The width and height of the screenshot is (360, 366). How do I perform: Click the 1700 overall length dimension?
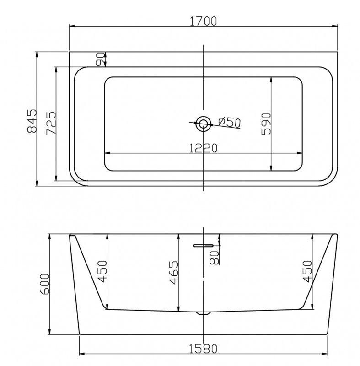203,21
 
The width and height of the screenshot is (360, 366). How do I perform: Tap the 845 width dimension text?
32,121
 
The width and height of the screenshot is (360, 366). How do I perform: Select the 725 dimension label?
51,123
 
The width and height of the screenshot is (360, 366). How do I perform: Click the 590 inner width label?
266,124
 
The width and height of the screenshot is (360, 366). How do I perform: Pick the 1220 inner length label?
203,148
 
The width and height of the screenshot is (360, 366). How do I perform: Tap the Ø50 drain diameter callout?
229,122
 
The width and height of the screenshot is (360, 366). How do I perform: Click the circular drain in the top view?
203,124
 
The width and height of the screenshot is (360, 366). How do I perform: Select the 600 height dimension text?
45,284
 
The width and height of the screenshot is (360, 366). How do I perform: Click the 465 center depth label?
173,273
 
